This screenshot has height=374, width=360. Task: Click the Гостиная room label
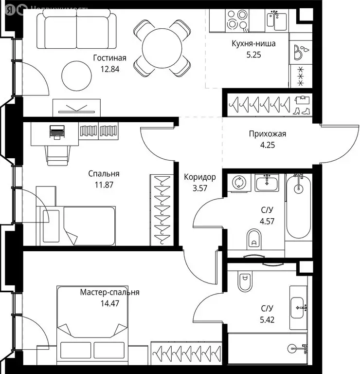tap(109, 58)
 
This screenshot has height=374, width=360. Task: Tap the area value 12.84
tap(109, 69)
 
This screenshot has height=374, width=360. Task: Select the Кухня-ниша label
tap(253, 44)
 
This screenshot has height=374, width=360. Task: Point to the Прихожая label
tap(267, 133)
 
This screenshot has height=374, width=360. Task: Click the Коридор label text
tap(199, 177)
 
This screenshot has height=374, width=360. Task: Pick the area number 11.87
tap(104, 184)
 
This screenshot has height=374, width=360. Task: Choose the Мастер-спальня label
tap(110, 292)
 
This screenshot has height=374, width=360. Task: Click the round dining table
tap(162, 48)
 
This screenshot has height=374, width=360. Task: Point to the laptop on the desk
tap(57, 131)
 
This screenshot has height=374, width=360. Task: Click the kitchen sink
tap(277, 19)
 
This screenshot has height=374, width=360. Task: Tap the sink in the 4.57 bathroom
tap(266, 184)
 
